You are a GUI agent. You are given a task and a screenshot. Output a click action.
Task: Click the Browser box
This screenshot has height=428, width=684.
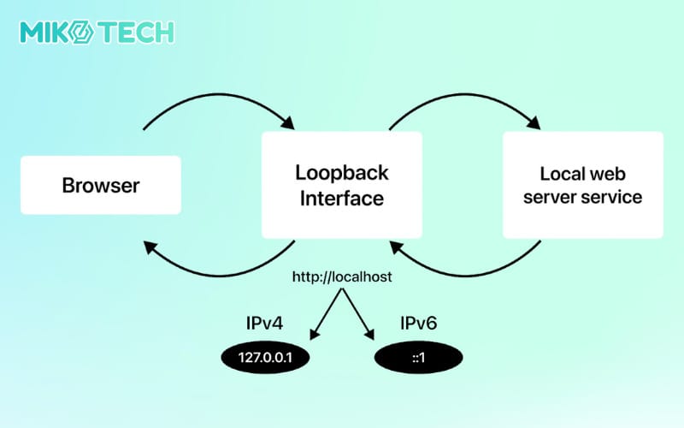100,185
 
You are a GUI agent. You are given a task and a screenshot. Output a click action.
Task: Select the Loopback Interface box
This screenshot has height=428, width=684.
341,185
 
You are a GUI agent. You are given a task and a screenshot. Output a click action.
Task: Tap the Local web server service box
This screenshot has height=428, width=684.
582,185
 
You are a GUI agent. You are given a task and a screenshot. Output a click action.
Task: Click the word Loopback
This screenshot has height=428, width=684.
341,172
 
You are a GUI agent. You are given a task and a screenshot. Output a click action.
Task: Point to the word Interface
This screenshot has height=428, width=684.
341,199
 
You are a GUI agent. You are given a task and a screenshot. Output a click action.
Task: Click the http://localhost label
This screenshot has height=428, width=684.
342,277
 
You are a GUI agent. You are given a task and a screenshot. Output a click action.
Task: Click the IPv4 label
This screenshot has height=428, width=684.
264,324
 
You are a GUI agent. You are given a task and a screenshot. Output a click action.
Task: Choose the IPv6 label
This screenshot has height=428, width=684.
419,324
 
